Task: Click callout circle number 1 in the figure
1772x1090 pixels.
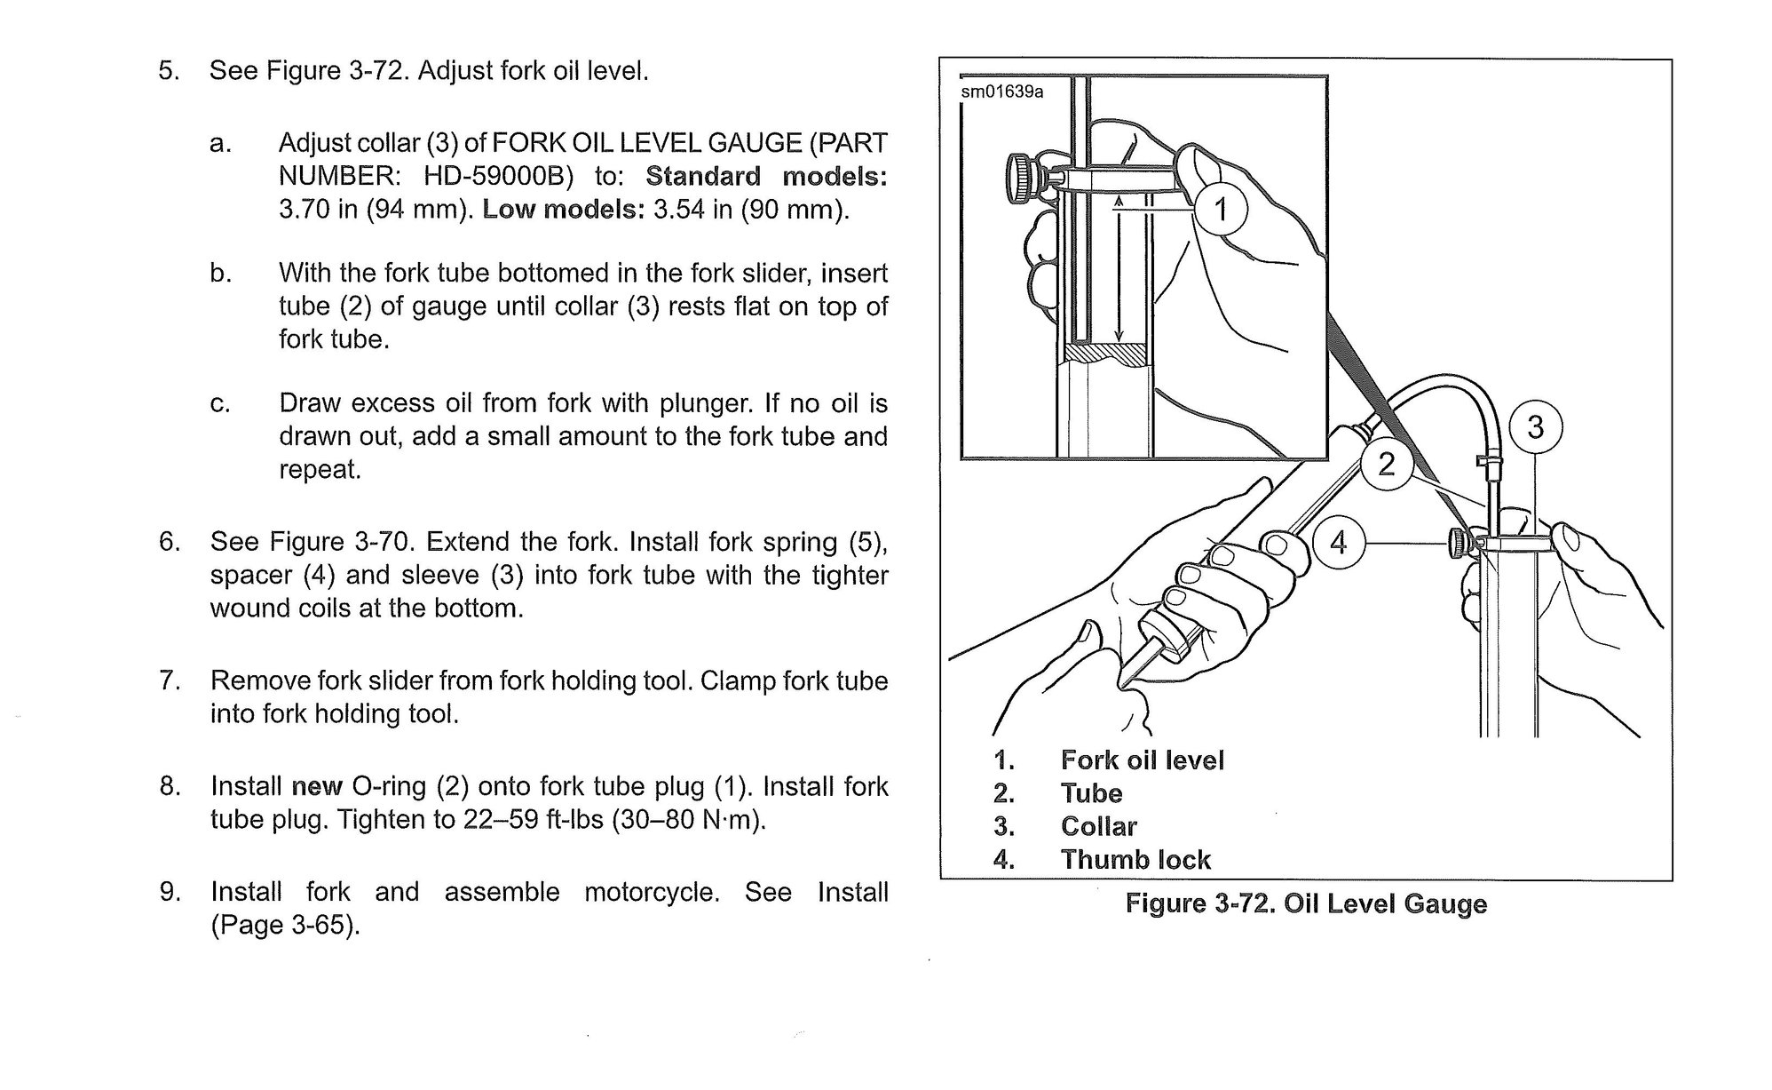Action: click(1221, 210)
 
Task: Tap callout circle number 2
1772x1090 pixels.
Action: click(1386, 463)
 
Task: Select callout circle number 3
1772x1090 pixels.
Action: click(1535, 427)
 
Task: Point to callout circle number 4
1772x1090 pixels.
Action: click(1338, 542)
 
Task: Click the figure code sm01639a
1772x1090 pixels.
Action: click(1002, 92)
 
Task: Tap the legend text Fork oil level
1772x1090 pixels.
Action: click(1142, 760)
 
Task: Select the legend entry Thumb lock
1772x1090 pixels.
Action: click(1135, 860)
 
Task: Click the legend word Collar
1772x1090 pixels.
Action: click(1098, 827)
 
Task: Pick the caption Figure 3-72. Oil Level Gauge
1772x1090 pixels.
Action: click(1306, 904)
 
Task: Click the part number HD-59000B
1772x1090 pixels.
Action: click(495, 176)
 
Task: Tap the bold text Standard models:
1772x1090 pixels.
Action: click(766, 176)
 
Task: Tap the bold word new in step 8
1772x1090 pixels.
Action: click(317, 786)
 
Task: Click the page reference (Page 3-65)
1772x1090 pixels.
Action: click(285, 926)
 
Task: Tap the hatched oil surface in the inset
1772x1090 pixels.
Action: click(1105, 353)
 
